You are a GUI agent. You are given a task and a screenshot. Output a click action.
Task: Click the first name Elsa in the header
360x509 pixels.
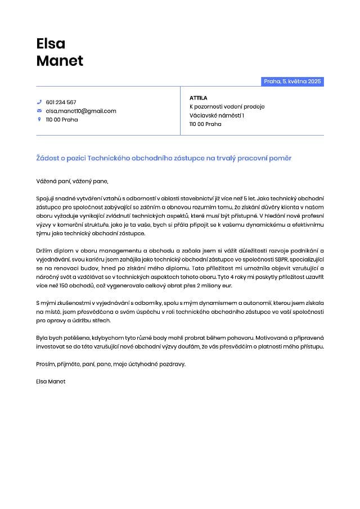[51, 43]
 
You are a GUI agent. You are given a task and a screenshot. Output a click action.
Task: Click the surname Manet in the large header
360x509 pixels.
[60, 61]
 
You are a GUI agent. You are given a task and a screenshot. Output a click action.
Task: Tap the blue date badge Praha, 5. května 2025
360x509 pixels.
[292, 82]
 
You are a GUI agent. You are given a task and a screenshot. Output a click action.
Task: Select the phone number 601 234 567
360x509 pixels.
[61, 102]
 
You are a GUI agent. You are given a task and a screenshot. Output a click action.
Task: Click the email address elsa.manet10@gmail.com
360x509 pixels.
[81, 111]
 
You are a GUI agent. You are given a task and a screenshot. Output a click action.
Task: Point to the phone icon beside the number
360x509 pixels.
[39, 102]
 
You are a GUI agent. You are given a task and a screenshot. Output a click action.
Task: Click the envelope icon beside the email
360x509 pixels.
[39, 111]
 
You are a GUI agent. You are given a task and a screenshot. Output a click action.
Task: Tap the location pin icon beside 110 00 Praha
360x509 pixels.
[39, 119]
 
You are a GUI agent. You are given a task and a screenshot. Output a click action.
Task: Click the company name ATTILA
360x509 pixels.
[199, 98]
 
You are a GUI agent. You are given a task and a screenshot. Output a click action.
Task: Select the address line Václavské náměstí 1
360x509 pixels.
[217, 115]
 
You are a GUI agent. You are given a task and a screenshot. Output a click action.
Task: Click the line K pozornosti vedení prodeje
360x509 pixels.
[227, 106]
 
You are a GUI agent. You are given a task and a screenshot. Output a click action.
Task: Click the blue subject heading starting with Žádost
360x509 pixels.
[164, 159]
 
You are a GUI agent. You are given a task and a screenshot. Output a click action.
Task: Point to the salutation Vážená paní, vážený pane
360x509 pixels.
[71, 181]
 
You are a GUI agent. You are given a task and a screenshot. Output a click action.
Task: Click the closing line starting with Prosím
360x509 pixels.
[110, 364]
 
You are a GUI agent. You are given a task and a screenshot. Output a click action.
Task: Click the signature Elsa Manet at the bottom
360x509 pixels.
[51, 381]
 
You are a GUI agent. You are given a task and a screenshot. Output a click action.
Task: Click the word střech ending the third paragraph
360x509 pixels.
[102, 321]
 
